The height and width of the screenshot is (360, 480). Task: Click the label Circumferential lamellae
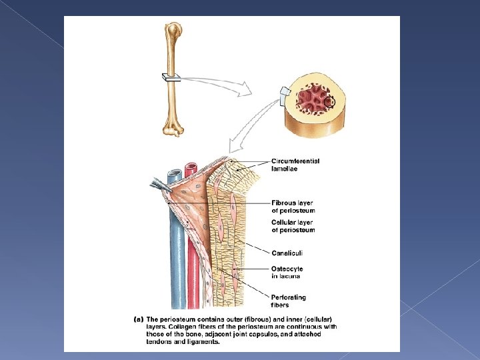(295, 165)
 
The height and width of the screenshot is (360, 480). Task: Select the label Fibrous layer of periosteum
(293, 207)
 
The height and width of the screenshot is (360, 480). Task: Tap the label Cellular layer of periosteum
(293, 226)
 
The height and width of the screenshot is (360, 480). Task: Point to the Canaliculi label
(287, 253)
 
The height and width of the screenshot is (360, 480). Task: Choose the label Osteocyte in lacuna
(287, 272)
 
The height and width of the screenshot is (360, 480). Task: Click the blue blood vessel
(176, 253)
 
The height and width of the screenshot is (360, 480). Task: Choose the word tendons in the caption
(160, 342)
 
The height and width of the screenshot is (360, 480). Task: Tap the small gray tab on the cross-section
(285, 91)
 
